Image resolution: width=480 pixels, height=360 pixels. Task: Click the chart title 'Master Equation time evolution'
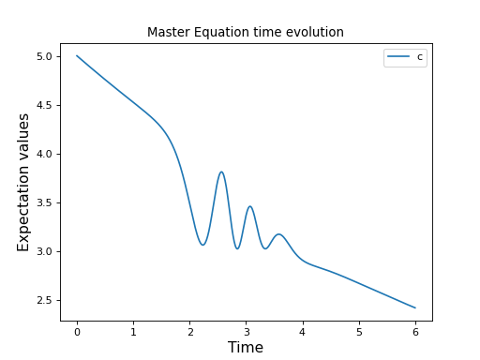click(x=246, y=32)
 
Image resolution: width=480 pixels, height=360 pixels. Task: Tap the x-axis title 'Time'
click(x=246, y=348)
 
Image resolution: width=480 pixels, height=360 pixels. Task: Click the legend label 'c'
click(x=419, y=57)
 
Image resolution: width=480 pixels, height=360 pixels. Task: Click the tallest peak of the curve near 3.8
click(x=221, y=172)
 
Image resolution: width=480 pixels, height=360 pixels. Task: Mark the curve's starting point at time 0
click(x=77, y=55)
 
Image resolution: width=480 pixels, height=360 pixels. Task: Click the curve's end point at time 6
click(x=415, y=307)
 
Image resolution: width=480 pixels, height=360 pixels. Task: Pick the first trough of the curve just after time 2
click(x=202, y=245)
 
